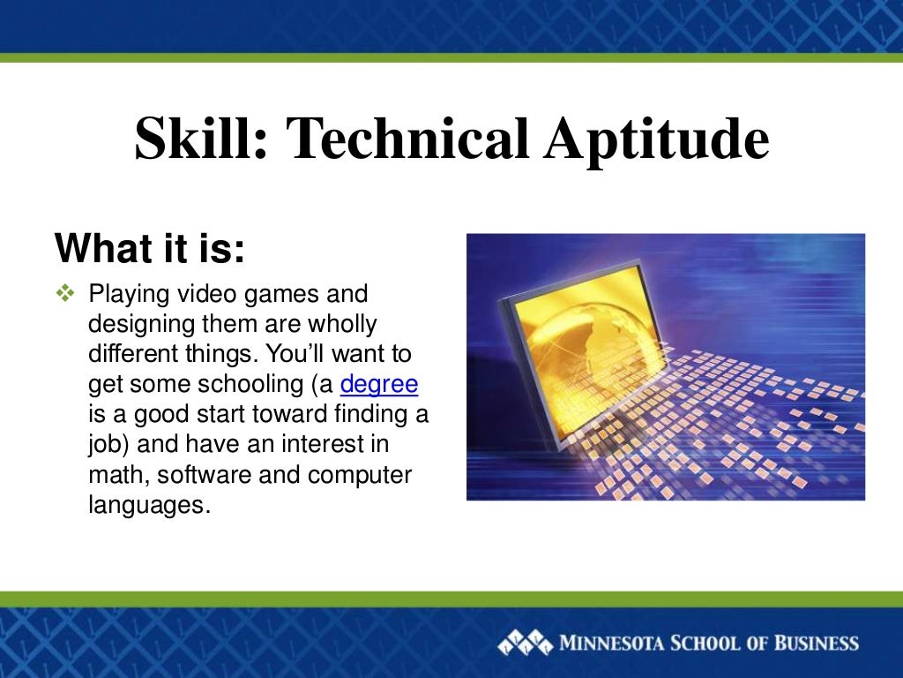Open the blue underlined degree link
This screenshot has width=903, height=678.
(x=378, y=385)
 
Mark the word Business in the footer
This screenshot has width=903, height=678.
(x=816, y=642)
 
